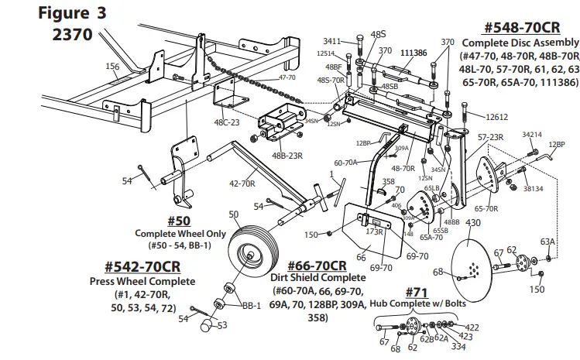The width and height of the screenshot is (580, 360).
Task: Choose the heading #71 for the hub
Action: pyautogui.click(x=417, y=292)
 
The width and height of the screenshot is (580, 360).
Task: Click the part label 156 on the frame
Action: pyautogui.click(x=112, y=67)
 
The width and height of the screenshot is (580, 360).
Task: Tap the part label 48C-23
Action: pyautogui.click(x=228, y=122)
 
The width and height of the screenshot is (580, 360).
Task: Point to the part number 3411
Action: pyautogui.click(x=332, y=41)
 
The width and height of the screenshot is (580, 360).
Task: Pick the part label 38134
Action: pyautogui.click(x=533, y=187)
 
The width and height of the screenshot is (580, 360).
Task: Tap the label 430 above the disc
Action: pyautogui.click(x=473, y=223)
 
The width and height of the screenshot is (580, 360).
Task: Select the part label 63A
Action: pyautogui.click(x=548, y=242)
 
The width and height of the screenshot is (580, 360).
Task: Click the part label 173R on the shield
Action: pyautogui.click(x=375, y=231)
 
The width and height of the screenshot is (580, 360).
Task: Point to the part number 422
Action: pyautogui.click(x=472, y=327)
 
